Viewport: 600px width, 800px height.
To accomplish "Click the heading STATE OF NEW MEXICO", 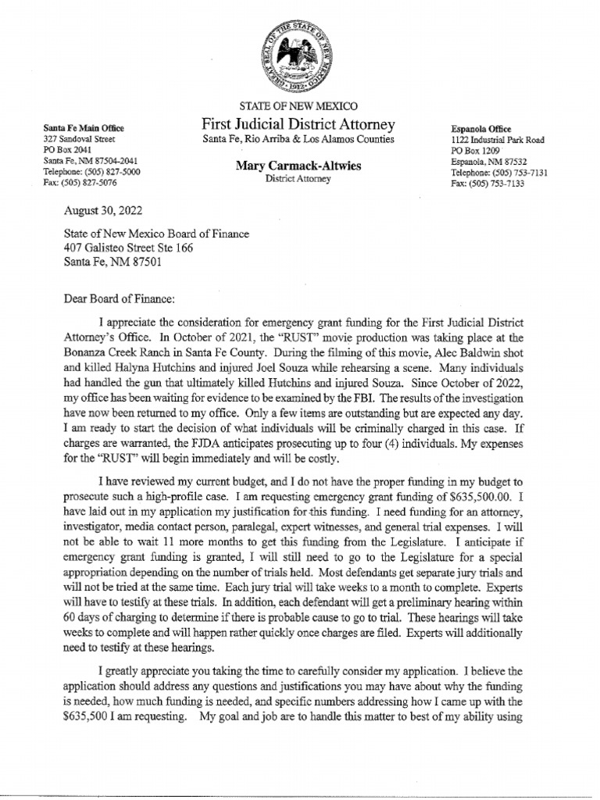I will coord(298,106).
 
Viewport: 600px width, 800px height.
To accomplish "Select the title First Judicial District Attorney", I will coord(298,124).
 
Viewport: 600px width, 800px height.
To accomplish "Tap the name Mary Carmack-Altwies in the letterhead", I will coord(298,166).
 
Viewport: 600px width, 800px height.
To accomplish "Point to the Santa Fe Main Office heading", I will coord(84,127).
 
